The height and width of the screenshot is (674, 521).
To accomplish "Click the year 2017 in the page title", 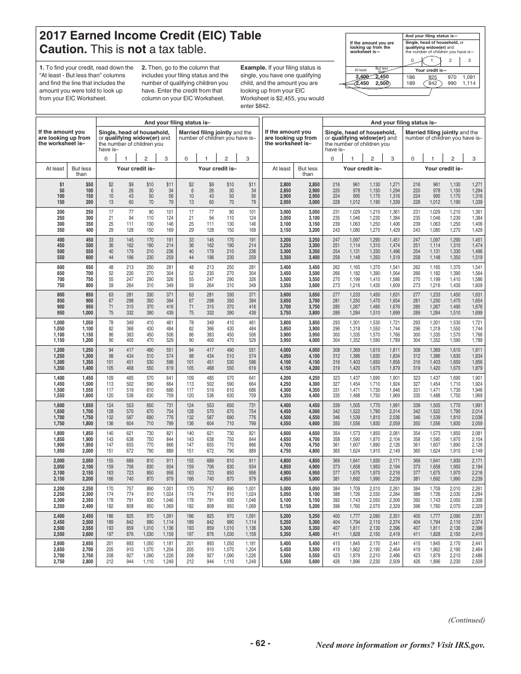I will tap(54, 36).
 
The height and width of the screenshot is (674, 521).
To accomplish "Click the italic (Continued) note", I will tap(467, 620).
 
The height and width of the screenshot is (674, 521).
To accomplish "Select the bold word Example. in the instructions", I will tap(254, 67).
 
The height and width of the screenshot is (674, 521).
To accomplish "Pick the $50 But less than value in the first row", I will tap(89, 185).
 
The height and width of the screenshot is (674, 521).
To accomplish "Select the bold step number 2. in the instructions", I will tap(144, 67).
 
